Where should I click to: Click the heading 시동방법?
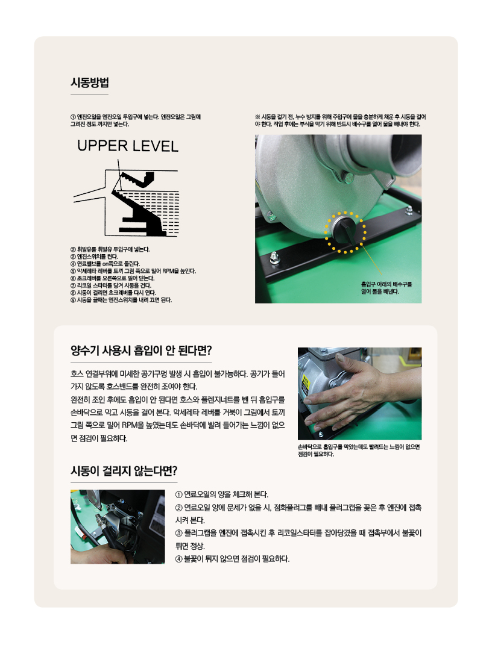(90, 83)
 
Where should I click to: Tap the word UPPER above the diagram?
(102, 146)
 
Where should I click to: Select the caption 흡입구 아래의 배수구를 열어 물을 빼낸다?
(386, 288)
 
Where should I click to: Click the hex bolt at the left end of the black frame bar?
(274, 257)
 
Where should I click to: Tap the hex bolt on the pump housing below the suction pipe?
(348, 178)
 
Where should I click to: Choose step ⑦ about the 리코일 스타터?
(111, 285)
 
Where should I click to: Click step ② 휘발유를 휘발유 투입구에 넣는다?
(110, 249)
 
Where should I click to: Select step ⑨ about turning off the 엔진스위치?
(121, 300)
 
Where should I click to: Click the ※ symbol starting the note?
(257, 117)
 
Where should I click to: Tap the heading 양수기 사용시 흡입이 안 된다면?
(141, 351)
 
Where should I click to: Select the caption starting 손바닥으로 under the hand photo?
(359, 450)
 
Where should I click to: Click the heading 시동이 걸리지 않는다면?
(124, 471)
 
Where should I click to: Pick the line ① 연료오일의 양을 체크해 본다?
(222, 494)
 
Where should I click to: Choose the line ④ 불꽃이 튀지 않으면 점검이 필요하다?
(232, 559)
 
